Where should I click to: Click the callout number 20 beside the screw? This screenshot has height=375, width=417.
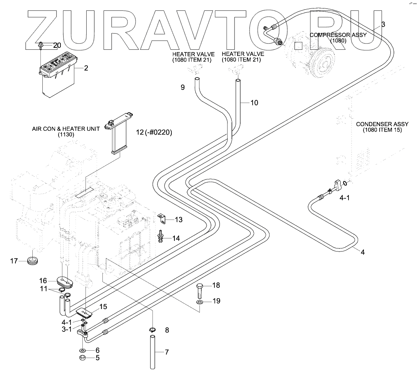(57, 45)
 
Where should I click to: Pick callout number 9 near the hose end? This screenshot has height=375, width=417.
(183, 88)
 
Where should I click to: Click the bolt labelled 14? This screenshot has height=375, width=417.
(160, 236)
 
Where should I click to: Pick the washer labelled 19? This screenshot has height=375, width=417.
(200, 301)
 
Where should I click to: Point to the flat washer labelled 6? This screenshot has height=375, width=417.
(82, 350)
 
